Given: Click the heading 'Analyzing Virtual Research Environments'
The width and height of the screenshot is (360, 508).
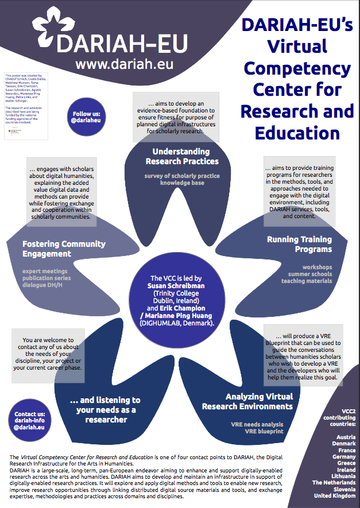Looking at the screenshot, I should coord(247,401).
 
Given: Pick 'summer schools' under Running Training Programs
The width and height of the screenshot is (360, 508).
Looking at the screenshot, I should coord(310,274).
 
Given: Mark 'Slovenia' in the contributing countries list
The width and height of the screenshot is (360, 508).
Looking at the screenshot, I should coord(343,488).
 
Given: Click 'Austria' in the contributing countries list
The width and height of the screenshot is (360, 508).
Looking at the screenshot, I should coord(346,436).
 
